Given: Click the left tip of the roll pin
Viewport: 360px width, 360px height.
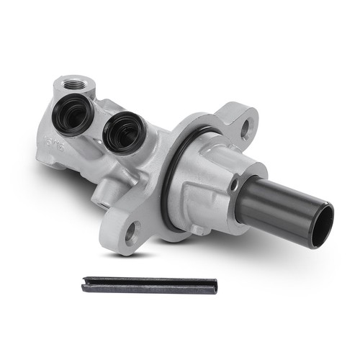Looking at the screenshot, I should (x=85, y=285).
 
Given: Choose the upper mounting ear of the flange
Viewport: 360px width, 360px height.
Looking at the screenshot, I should (x=241, y=122).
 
